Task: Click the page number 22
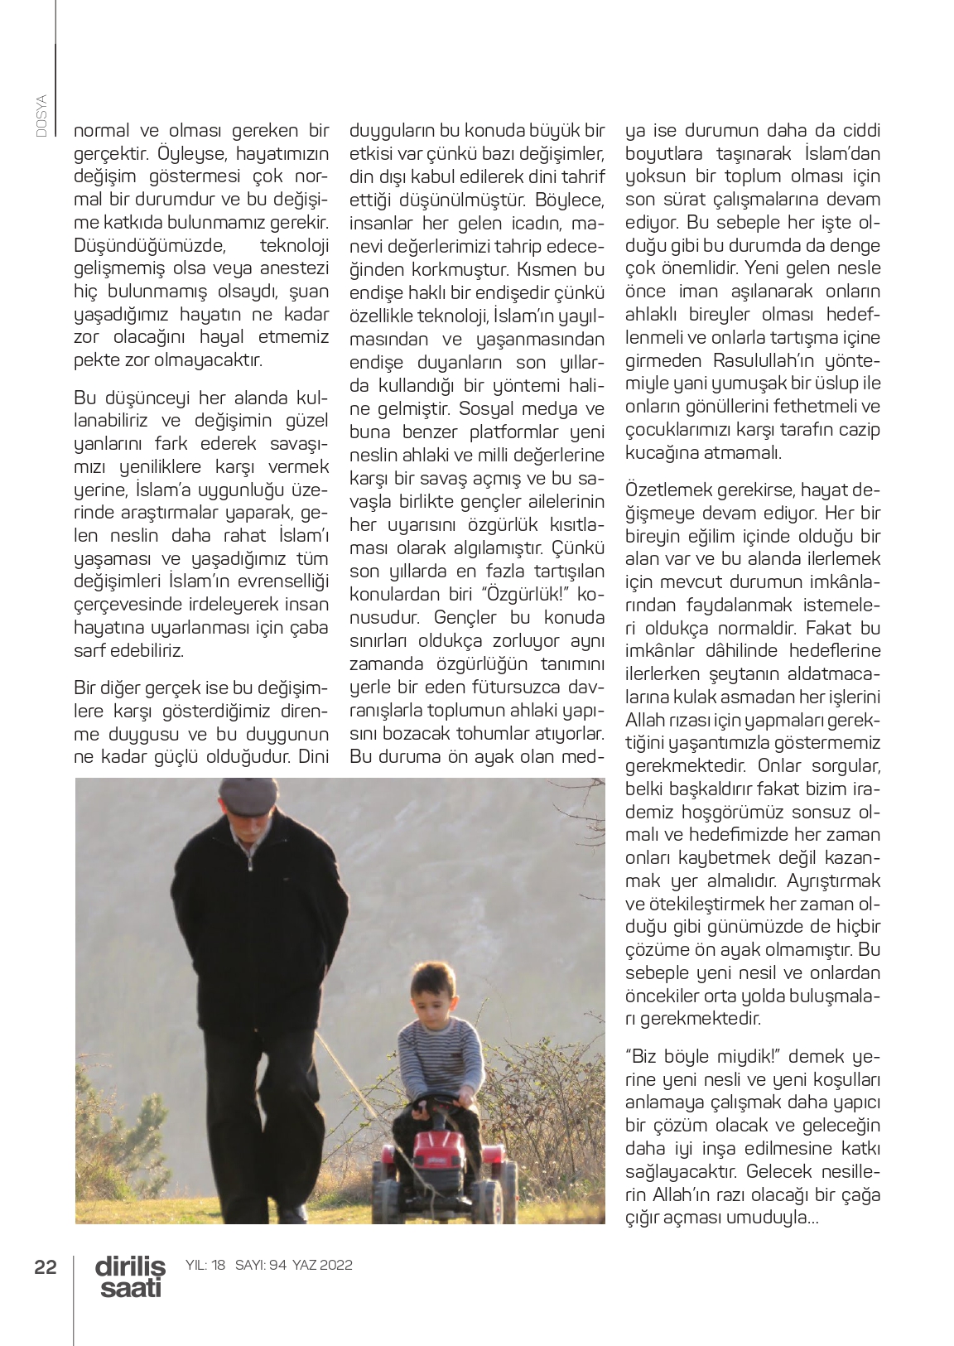pyautogui.click(x=46, y=1266)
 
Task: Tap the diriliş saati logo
pyautogui.click(x=130, y=1276)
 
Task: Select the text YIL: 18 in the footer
pyautogui.click(x=205, y=1265)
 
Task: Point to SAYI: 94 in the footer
pyautogui.click(x=261, y=1265)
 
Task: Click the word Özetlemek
pyautogui.click(x=666, y=489)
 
